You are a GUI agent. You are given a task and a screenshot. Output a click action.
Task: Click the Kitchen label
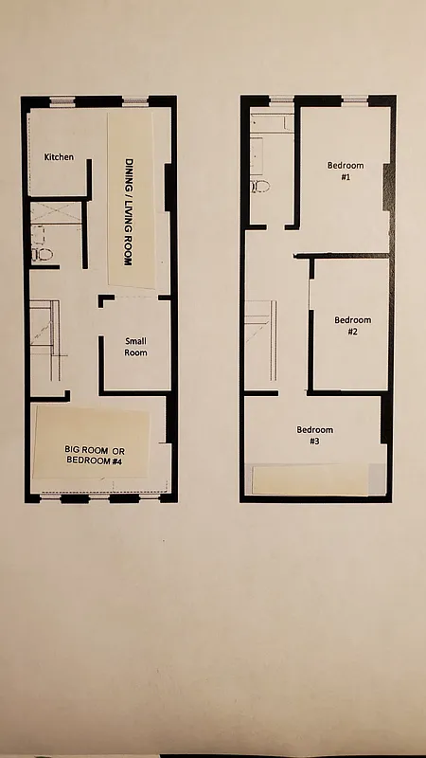(59, 156)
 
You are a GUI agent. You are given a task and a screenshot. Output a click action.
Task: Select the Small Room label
(136, 347)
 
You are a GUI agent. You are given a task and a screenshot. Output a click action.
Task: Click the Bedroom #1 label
(346, 171)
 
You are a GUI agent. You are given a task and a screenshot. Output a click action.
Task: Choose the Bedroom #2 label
(352, 326)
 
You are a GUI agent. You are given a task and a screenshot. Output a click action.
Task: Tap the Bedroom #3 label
(314, 436)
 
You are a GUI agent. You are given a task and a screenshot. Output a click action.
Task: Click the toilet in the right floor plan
(259, 186)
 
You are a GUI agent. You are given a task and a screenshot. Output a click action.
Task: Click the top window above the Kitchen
(62, 100)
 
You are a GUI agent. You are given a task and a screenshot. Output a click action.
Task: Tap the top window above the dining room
(134, 100)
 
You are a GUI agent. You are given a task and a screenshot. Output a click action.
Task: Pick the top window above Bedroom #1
(354, 99)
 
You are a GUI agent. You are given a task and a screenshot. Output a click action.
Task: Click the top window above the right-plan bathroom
(281, 99)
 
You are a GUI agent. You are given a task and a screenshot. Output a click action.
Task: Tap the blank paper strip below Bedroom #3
(316, 479)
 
